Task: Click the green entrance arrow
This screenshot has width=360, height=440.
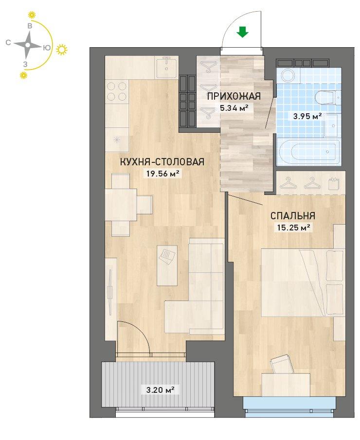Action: pyautogui.click(x=242, y=32)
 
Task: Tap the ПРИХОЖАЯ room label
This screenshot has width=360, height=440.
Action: pyautogui.click(x=234, y=97)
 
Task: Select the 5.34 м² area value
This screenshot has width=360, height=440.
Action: pyautogui.click(x=234, y=108)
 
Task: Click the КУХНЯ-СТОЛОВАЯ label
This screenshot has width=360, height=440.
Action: pyautogui.click(x=162, y=162)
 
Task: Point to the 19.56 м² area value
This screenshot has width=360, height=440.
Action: pyautogui.click(x=162, y=174)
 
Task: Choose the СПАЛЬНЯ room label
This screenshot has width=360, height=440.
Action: pyautogui.click(x=292, y=216)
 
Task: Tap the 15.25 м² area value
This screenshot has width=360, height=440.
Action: pyautogui.click(x=293, y=228)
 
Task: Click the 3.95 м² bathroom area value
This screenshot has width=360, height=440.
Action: pyautogui.click(x=307, y=116)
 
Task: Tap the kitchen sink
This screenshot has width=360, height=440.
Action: pyautogui.click(x=167, y=67)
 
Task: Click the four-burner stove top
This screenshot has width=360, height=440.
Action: pyautogui.click(x=117, y=91)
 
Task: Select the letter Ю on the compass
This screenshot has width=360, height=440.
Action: pyautogui.click(x=47, y=48)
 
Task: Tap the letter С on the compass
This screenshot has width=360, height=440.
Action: pyautogui.click(x=8, y=42)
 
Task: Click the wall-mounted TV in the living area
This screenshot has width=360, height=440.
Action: pyautogui.click(x=110, y=290)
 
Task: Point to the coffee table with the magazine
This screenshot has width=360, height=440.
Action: pyautogui.click(x=167, y=265)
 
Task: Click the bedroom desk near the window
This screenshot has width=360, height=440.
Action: pyautogui.click(x=286, y=385)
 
